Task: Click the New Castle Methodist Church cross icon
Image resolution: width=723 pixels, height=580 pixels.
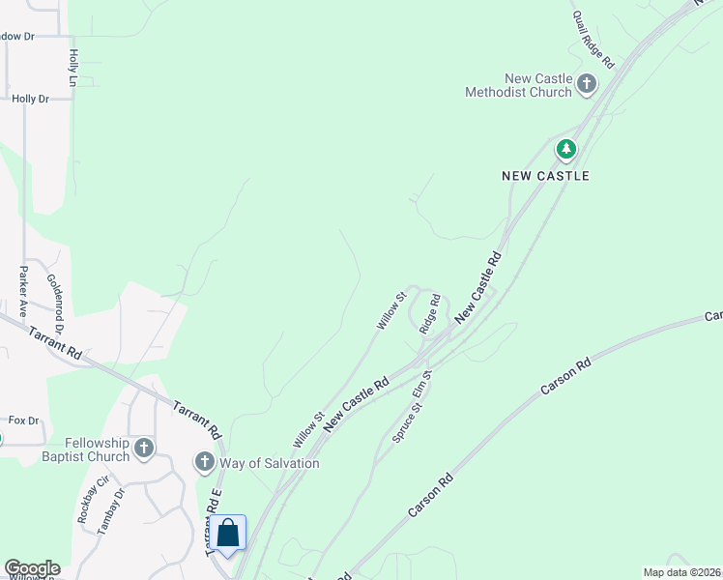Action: [x=586, y=85]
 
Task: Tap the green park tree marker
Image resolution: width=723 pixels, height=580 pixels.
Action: [x=565, y=150]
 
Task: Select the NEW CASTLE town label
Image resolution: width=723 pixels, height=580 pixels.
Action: [x=545, y=176]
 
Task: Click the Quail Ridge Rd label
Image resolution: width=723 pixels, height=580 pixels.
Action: [x=593, y=40]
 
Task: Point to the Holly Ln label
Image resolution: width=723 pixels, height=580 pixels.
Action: [x=72, y=68]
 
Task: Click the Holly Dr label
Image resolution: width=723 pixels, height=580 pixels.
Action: [x=30, y=99]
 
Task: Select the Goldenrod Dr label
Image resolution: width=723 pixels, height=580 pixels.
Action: [x=54, y=304]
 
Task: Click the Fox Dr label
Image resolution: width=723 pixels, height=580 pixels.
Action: [x=23, y=420]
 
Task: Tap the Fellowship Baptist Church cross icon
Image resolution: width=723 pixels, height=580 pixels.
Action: [x=144, y=448]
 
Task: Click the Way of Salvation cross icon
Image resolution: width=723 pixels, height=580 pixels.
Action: [x=204, y=462]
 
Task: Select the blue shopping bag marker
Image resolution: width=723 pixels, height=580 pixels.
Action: [x=228, y=533]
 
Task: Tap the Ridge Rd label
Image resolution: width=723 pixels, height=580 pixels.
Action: [x=430, y=313]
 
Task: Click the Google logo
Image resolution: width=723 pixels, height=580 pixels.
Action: [x=32, y=568]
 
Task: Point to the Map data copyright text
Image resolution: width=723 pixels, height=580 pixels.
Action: [x=681, y=572]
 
